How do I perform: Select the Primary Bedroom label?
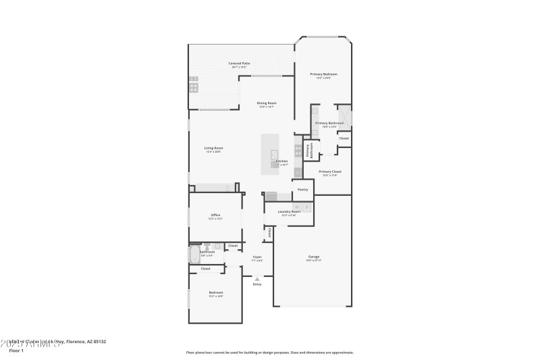click(323, 74)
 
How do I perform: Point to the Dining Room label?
click(267, 103)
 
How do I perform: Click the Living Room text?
click(213, 148)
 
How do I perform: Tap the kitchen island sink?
click(275, 153)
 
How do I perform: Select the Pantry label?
click(303, 189)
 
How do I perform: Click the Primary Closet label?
click(330, 172)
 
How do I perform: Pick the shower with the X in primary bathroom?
click(344, 113)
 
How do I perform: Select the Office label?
click(215, 215)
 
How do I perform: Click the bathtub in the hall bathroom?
click(194, 255)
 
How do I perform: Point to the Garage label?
click(314, 257)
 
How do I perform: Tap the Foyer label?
click(257, 257)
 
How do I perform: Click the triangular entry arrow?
click(257, 278)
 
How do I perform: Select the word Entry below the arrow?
click(257, 284)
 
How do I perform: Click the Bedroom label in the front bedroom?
click(215, 292)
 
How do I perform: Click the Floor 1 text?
click(16, 351)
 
